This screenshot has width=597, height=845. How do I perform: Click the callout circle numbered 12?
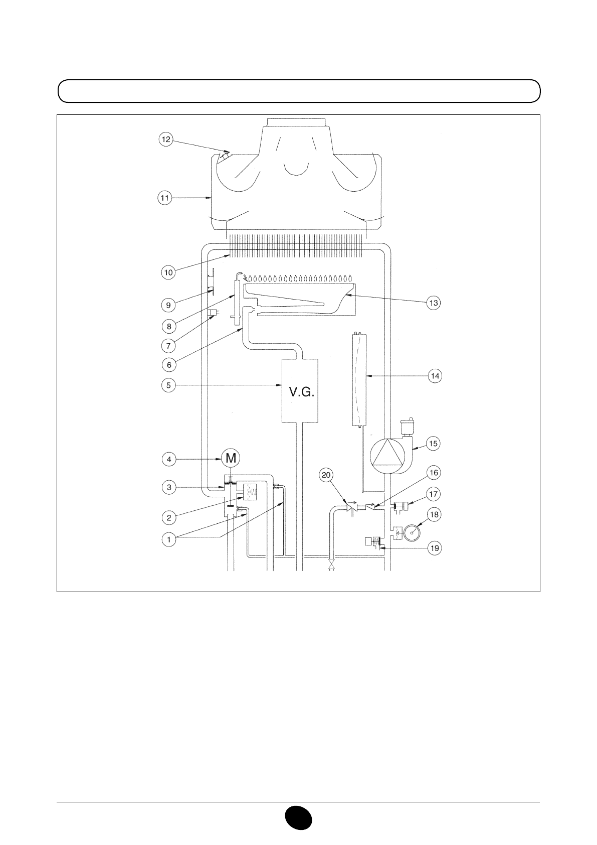click(x=166, y=139)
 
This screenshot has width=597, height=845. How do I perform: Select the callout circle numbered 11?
click(x=165, y=198)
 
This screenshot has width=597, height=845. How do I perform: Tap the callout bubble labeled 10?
click(x=168, y=272)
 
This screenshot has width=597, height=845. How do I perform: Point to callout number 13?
click(x=434, y=303)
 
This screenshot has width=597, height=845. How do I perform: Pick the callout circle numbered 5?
click(x=168, y=385)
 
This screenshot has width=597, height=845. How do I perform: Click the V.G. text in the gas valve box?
click(x=302, y=392)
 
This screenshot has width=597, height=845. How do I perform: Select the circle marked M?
click(x=231, y=458)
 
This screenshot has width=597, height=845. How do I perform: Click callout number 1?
click(x=169, y=540)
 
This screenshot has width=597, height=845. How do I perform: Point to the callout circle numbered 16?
click(x=433, y=473)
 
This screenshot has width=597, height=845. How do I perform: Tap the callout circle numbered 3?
click(x=168, y=487)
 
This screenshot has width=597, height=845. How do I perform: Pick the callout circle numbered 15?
click(x=434, y=443)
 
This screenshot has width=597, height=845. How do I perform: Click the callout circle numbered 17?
click(x=434, y=494)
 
